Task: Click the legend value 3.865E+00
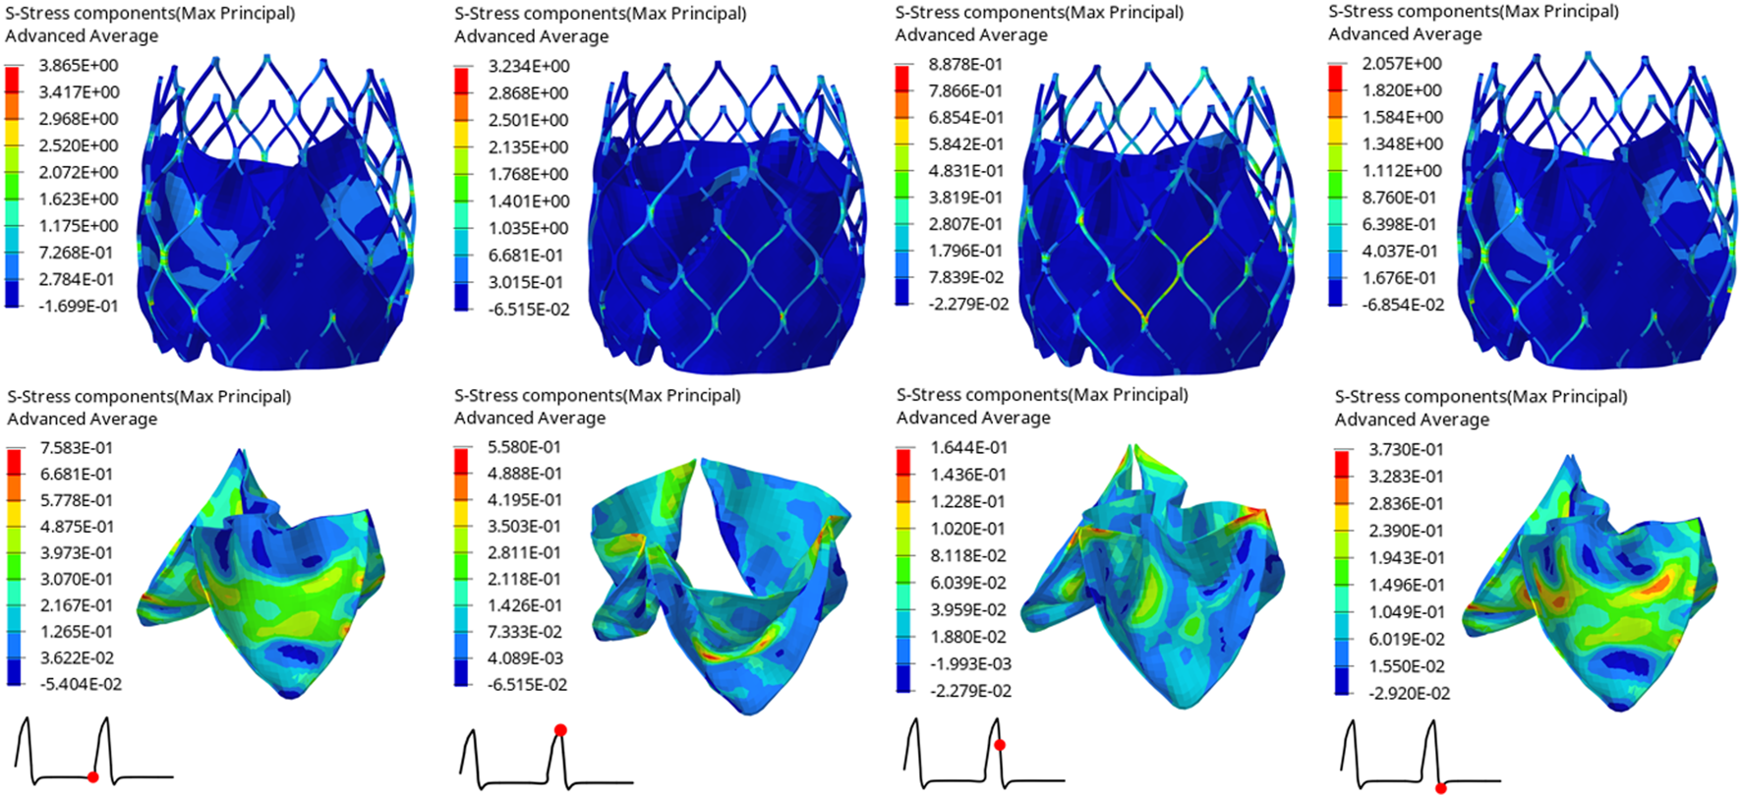(78, 66)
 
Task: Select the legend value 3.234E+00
(529, 67)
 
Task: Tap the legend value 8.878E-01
(966, 65)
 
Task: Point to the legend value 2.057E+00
(1402, 64)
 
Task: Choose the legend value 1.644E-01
(969, 448)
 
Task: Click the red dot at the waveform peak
(559, 730)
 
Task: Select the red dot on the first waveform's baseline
(92, 777)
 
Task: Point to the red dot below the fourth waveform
(1440, 788)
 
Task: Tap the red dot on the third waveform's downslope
(1000, 745)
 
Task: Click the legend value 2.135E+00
(529, 147)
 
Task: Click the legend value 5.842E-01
(966, 144)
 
